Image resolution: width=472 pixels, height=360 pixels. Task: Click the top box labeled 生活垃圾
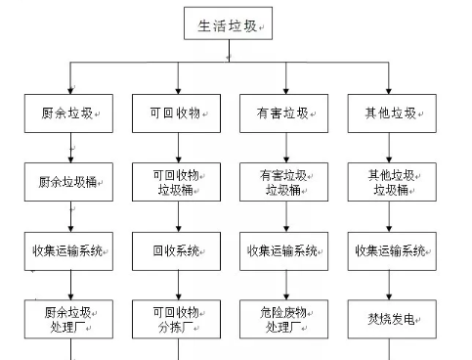click(x=228, y=25)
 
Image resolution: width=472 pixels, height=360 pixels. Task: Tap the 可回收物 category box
click(x=177, y=113)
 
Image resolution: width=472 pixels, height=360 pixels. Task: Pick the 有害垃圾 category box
click(x=284, y=113)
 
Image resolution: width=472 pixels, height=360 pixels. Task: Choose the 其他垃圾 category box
click(x=392, y=113)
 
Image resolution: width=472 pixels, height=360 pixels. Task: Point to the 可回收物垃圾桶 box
click(x=177, y=182)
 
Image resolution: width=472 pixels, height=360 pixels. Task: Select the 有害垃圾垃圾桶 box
click(x=284, y=182)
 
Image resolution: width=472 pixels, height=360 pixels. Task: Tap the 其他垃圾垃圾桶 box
click(x=392, y=182)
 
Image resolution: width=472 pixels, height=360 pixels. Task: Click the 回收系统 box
click(x=177, y=250)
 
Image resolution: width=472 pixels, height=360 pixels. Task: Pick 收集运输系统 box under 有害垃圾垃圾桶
click(x=284, y=250)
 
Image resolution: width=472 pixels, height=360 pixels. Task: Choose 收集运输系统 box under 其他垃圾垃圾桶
click(x=392, y=250)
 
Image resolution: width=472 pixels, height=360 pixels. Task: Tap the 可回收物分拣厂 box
click(x=177, y=319)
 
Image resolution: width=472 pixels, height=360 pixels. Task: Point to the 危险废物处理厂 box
click(x=284, y=319)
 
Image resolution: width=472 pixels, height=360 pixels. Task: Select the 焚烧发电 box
click(x=392, y=319)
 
